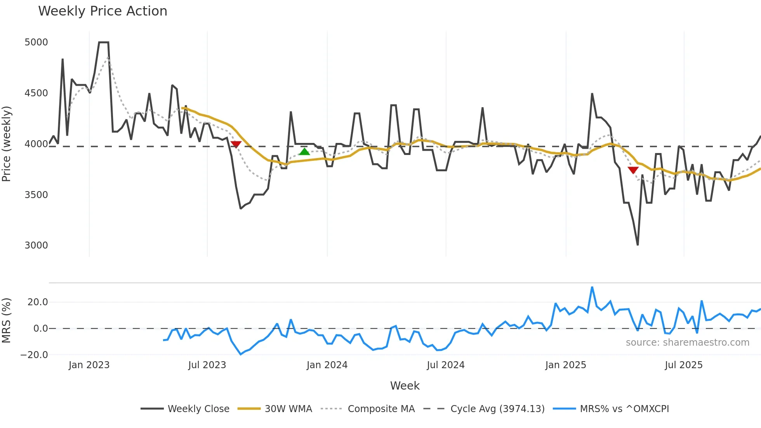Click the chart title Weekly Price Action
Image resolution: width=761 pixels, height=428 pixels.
[x=103, y=11]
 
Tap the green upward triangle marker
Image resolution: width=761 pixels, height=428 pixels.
[x=304, y=151]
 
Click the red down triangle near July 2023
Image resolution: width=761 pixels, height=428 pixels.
[x=236, y=144]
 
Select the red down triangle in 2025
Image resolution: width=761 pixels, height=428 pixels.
[x=633, y=170]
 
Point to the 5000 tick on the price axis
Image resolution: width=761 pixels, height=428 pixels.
[x=36, y=42]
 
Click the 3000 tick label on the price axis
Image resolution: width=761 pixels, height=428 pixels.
[x=36, y=245]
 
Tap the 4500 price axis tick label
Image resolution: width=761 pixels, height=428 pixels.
[x=36, y=93]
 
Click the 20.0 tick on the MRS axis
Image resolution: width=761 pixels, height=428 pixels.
[x=38, y=302]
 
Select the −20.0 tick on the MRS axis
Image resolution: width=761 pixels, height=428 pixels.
[x=34, y=355]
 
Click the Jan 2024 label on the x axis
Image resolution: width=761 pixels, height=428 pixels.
[x=327, y=365]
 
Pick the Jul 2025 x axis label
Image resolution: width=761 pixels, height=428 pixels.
[x=684, y=365]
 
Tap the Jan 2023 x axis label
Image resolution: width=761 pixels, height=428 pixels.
[x=89, y=365]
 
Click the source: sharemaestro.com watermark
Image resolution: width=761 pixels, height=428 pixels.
[x=687, y=343]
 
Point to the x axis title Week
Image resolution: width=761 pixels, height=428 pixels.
[x=405, y=386]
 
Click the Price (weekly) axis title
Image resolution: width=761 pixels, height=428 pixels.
[x=6, y=144]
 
